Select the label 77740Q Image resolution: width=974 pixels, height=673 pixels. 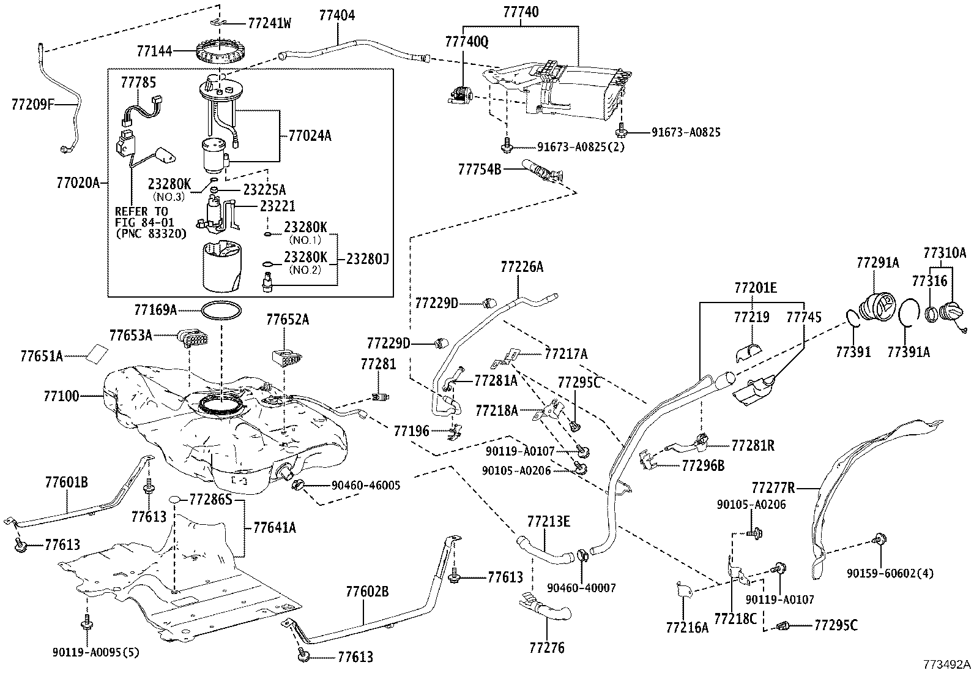coord(467,41)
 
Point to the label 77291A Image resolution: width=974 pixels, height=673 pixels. coord(877,263)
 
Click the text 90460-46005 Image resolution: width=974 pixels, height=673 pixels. coord(366,486)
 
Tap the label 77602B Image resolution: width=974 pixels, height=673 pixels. coord(367,592)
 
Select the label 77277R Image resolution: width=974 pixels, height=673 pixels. coord(773,488)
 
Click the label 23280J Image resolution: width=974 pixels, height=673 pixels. coord(367,259)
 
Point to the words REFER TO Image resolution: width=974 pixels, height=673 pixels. coord(141,211)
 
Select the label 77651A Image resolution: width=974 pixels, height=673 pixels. coord(42,356)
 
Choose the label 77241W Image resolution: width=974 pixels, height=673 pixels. coord(270,24)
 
